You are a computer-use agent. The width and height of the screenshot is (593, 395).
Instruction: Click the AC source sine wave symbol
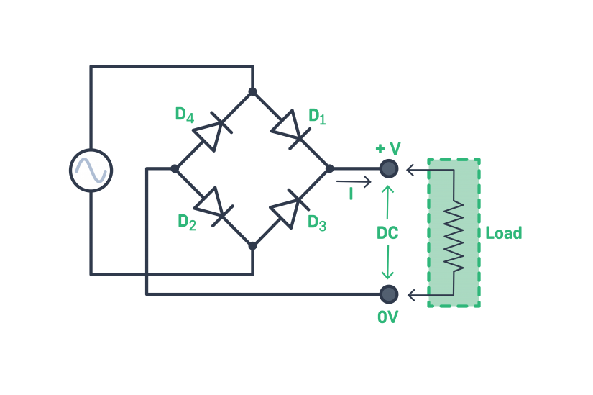point(91,171)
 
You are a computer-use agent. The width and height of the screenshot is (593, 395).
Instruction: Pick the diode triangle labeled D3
point(286,210)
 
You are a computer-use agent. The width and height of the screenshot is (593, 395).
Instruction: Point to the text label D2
point(187,222)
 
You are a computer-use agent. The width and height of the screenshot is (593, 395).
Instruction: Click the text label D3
point(317,222)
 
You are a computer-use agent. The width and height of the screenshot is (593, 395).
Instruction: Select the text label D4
point(184,114)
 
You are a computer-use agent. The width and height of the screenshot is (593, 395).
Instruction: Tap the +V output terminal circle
point(388,168)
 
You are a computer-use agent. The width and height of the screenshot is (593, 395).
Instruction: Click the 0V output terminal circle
point(388,294)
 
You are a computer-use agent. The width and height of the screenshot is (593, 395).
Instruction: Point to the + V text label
point(388,148)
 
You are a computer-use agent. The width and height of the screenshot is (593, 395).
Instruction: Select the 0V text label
point(387,317)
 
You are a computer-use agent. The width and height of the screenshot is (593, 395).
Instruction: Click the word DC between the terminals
point(387,233)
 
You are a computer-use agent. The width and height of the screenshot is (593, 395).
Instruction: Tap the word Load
point(503,233)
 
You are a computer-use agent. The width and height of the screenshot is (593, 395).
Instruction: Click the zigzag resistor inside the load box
point(454,233)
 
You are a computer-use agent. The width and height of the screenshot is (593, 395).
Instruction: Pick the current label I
point(351,194)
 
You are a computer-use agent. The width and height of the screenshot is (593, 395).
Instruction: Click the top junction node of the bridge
point(252,91)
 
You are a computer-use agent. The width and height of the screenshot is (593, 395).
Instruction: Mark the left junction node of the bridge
point(175,168)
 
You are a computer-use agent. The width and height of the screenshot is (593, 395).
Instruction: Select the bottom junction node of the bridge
point(252,246)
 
